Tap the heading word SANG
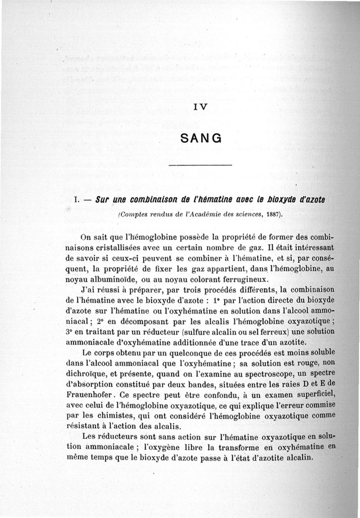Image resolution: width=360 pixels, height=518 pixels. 200,138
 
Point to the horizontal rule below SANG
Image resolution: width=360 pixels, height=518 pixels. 200,166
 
